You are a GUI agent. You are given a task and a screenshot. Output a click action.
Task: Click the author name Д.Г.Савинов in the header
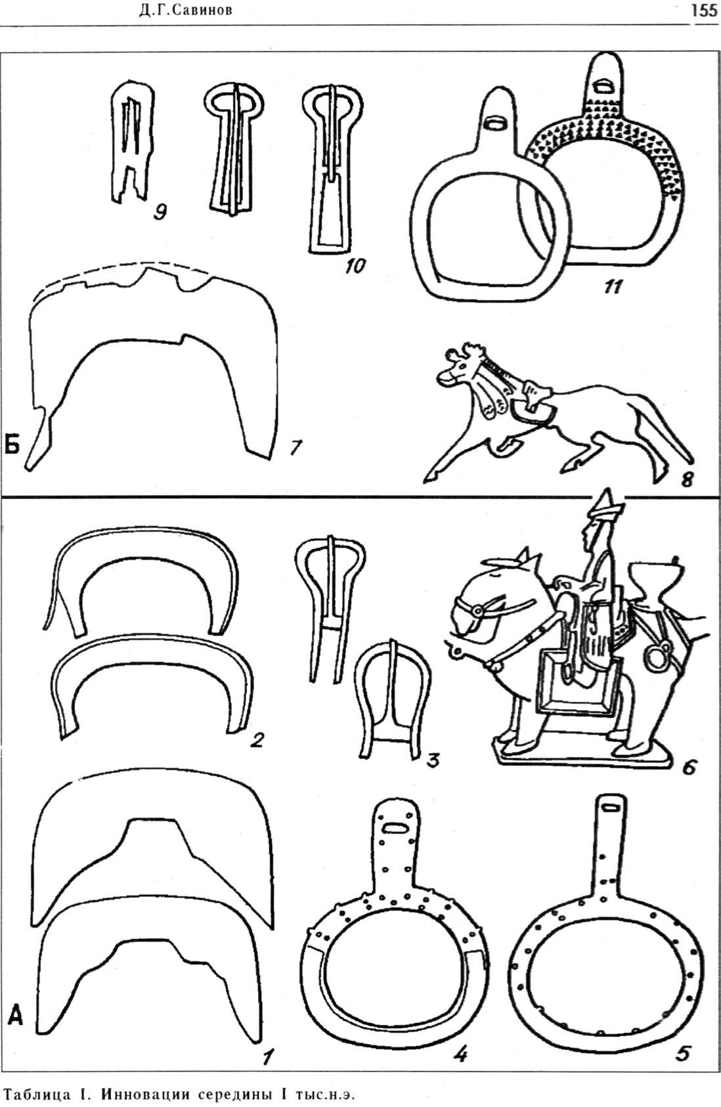185,11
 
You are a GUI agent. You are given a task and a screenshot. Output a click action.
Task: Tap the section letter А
15,1016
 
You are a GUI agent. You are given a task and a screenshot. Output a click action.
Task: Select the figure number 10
355,266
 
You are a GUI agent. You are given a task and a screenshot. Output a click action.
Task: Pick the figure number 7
295,448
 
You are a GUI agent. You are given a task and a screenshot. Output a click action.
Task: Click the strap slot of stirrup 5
613,809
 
